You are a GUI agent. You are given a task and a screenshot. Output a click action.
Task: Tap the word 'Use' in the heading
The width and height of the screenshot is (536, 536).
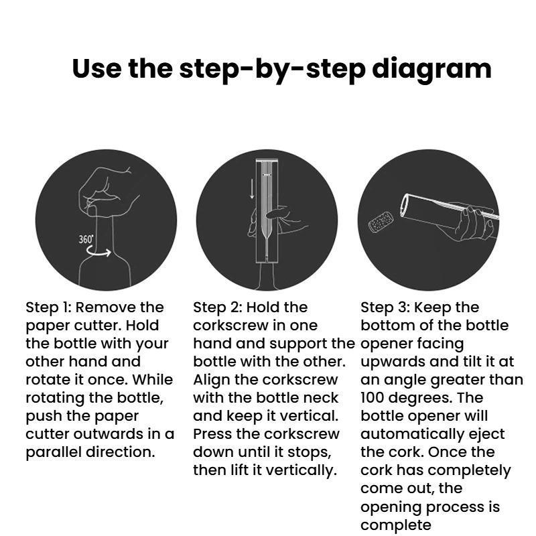[x=96, y=68]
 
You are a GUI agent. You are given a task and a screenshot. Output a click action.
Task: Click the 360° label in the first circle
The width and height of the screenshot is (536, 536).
[x=86, y=239]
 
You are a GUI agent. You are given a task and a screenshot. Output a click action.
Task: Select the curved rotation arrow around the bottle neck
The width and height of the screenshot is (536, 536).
[x=98, y=251]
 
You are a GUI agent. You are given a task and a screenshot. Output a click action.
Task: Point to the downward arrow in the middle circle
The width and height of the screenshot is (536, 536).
[x=252, y=189]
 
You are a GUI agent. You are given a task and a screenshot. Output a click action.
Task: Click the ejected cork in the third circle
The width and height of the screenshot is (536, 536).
[x=381, y=222]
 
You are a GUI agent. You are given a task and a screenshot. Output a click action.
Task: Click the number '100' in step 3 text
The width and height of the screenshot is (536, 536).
[x=372, y=397]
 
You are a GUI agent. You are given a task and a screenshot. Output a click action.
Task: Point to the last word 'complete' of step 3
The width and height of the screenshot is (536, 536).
[x=395, y=525]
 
